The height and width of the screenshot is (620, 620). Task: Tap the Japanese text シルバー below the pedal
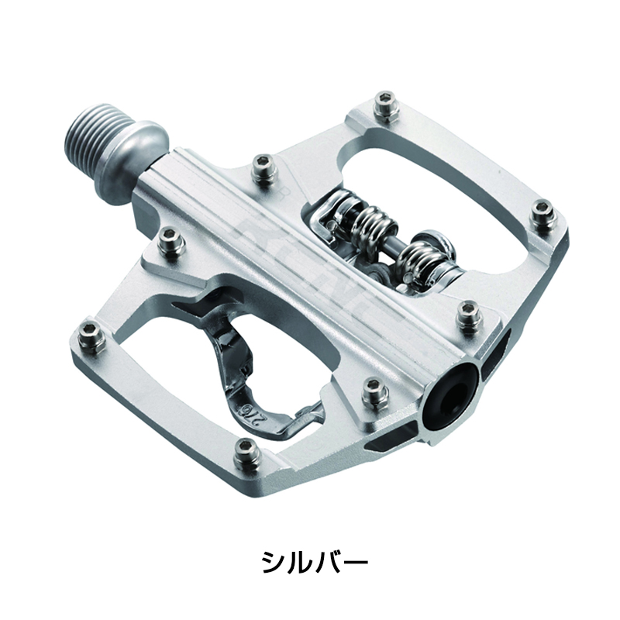[309, 560]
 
